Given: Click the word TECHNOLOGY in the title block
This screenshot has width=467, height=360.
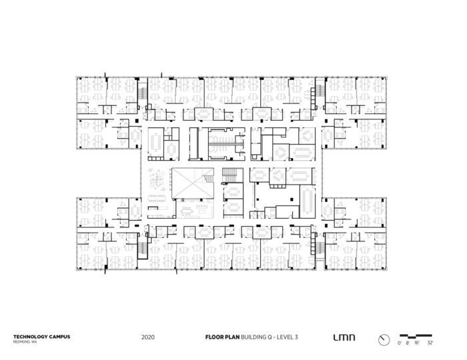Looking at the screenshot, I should pyautogui.click(x=26, y=337).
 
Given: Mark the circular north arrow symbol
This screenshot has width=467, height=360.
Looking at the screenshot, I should pyautogui.click(x=383, y=339).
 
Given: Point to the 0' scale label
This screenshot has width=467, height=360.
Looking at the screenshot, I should pyautogui.click(x=398, y=342).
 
